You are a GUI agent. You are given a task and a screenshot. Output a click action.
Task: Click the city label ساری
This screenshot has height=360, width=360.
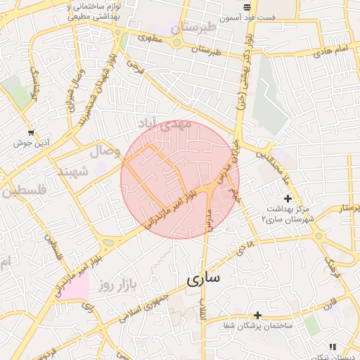click(x=204, y=278)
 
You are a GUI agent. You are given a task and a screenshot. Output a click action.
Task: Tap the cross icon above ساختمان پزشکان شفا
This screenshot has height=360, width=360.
click(x=257, y=314)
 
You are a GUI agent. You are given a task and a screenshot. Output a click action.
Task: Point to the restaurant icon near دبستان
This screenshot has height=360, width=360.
click(x=333, y=347)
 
